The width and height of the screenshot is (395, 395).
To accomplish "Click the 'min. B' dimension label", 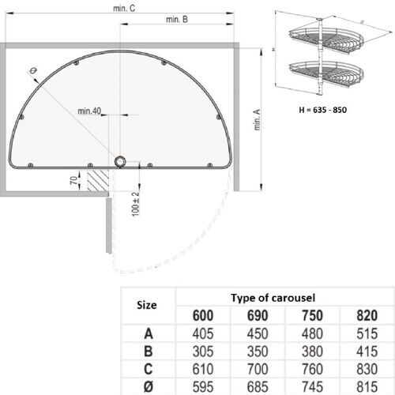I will click(177, 20).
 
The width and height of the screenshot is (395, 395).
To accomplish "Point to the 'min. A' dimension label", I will click(257, 121).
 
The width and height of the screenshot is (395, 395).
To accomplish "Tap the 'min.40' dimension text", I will click(88, 111).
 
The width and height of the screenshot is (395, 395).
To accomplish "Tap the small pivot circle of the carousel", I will click(119, 161).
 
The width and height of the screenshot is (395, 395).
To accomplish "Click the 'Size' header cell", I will click(146, 304).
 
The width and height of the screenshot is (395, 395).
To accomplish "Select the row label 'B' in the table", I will click(146, 350).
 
